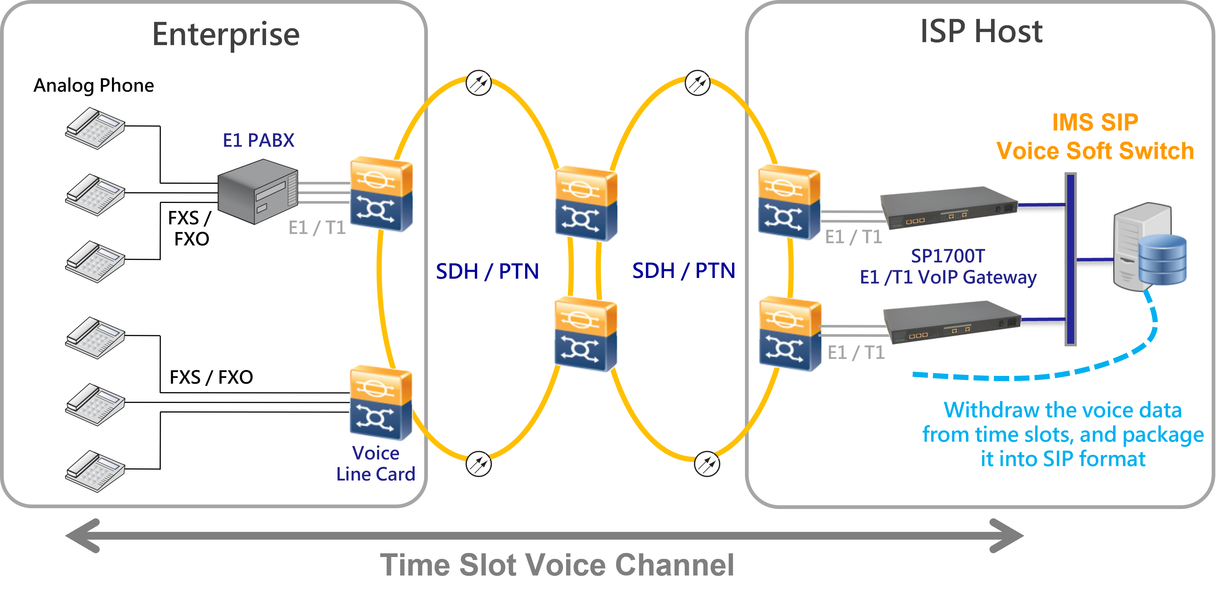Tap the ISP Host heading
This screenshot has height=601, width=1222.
point(981,32)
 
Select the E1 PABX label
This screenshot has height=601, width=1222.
point(259,140)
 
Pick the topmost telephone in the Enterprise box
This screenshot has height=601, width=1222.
point(95,128)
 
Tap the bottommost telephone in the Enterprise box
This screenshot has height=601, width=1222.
point(95,471)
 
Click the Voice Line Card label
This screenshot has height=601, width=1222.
point(376,464)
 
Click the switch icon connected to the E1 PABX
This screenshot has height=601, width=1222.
point(381,194)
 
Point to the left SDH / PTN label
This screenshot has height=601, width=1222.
point(487,271)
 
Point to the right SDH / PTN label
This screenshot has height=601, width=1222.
point(684,271)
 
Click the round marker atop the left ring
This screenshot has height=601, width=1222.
point(479,83)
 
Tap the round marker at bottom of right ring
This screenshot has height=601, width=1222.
point(707,464)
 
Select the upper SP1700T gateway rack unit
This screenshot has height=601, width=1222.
point(949,208)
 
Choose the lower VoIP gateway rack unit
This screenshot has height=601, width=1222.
point(952,323)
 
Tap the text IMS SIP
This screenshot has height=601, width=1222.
point(1095,122)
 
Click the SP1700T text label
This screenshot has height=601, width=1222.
point(948,256)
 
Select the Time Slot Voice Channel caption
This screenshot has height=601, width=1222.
point(557,565)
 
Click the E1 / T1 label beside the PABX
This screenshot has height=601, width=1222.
point(317,228)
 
